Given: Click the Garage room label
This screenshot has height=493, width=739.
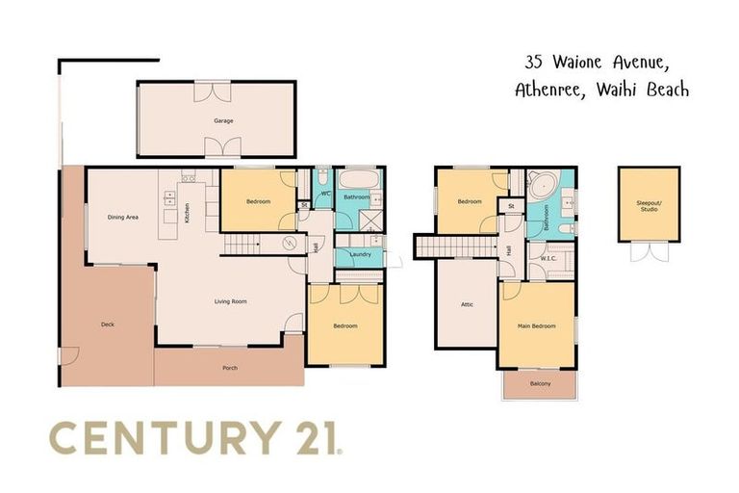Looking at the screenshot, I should pyautogui.click(x=223, y=120).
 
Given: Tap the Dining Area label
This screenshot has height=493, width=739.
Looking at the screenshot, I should pyautogui.click(x=122, y=217).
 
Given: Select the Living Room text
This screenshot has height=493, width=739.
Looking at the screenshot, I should pyautogui.click(x=231, y=301).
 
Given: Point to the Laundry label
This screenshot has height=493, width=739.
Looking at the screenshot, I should pyautogui.click(x=361, y=254).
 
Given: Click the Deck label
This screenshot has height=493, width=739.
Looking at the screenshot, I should pyautogui.click(x=108, y=324).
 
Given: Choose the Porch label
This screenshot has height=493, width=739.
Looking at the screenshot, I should pyautogui.click(x=229, y=368).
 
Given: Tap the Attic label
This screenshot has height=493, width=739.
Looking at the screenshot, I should pyautogui.click(x=467, y=304).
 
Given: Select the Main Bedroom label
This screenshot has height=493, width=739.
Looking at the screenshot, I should pyautogui.click(x=537, y=326).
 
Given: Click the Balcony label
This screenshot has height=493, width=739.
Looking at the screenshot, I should pyautogui.click(x=540, y=383).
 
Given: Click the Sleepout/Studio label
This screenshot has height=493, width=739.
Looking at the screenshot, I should pyautogui.click(x=650, y=207).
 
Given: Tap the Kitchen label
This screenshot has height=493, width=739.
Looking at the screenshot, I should pyautogui.click(x=187, y=210).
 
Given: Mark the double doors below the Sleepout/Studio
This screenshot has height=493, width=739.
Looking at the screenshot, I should pyautogui.click(x=650, y=250).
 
